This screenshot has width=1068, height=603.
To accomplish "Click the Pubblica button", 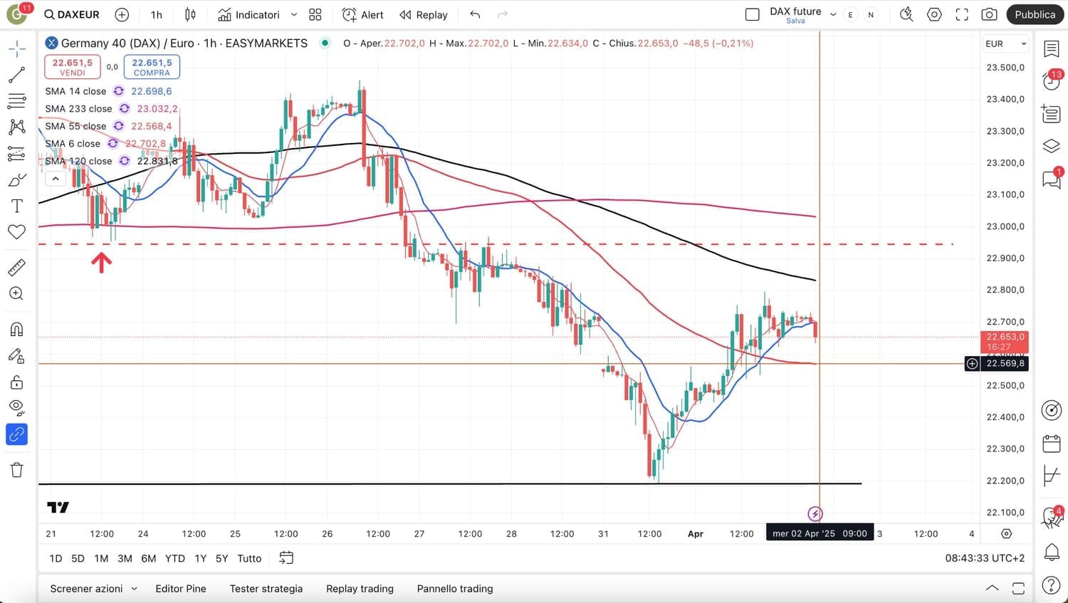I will click(1035, 14).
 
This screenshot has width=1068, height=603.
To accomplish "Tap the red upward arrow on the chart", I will click(101, 263).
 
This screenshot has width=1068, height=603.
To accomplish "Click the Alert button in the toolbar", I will click(363, 14).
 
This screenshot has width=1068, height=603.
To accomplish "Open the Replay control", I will click(424, 14).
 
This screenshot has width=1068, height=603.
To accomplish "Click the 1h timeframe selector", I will click(157, 14).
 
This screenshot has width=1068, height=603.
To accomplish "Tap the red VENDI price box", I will click(72, 67).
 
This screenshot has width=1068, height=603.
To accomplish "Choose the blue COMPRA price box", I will click(152, 67).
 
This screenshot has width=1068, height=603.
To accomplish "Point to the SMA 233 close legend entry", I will click(78, 109).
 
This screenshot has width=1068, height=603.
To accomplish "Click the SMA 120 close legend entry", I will click(78, 161).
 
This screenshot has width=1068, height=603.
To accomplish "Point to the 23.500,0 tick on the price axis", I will click(1005, 68).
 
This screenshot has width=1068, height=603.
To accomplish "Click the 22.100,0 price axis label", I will click(1005, 513).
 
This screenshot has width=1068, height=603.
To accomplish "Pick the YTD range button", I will click(174, 558).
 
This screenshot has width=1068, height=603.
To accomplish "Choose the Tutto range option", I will click(249, 558).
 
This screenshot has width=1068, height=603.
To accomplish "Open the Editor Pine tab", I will click(181, 589).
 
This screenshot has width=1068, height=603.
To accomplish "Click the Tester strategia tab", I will click(266, 589).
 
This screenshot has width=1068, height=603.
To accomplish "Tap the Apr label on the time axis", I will click(696, 533).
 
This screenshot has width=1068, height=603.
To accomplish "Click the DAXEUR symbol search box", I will click(72, 14).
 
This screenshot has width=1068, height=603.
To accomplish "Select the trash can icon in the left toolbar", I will click(17, 470).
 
